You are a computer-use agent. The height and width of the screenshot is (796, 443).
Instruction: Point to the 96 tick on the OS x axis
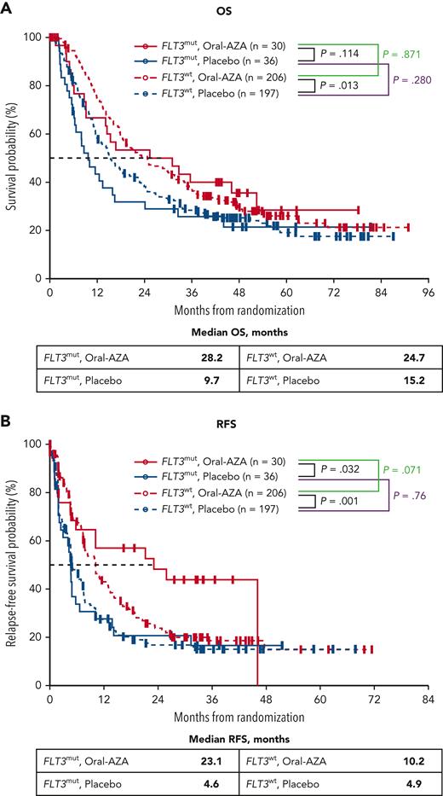click(429, 291)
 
